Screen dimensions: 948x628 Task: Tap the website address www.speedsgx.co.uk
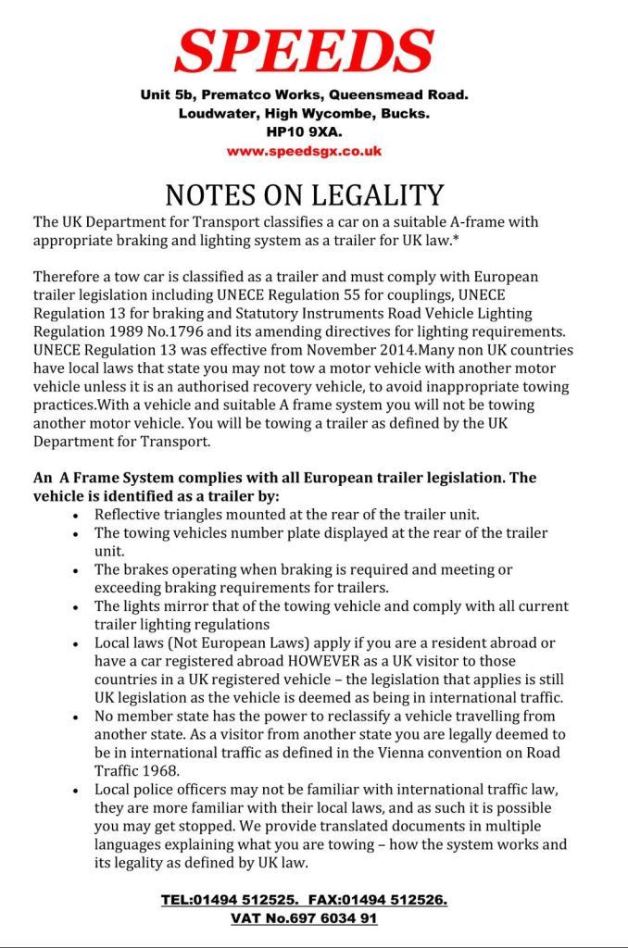point(304,150)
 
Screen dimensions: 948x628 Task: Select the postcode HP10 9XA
point(304,132)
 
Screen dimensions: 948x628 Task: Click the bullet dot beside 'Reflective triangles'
point(75,515)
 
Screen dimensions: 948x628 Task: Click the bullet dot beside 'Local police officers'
point(75,790)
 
